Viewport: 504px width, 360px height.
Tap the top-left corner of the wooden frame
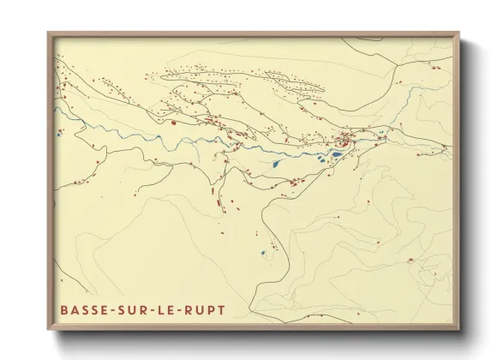[x=48, y=33]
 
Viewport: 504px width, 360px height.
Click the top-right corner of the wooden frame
[x=459, y=33]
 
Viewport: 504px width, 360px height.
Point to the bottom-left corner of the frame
[x=48, y=330]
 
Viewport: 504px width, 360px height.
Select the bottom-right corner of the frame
[x=459, y=330]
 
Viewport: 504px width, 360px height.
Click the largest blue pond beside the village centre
[x=337, y=155]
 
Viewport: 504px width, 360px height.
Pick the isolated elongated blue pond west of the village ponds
[x=276, y=163]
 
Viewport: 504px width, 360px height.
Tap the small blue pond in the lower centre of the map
[x=263, y=252]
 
